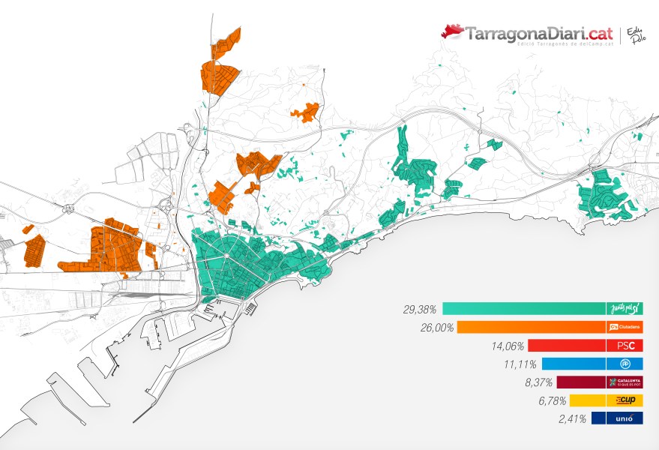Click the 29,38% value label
coord(421,309)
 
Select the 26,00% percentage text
coord(435,328)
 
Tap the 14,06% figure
coord(506,346)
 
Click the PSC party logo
coord(625,346)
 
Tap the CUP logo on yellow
coord(625,400)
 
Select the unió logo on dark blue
coord(625,419)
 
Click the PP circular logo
coord(625,364)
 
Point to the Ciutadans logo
coord(625,327)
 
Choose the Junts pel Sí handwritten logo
coord(625,308)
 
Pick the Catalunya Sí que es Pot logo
coord(625,382)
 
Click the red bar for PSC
coord(567,346)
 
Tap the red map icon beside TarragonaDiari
coord(452,31)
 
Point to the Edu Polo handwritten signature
coord(636,34)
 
